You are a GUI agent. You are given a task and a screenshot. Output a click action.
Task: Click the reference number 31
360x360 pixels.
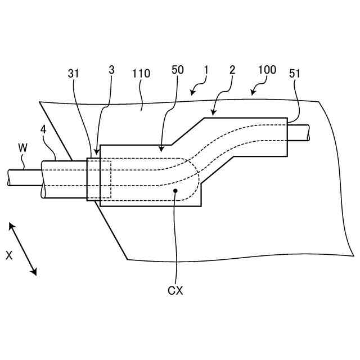pos(74,74)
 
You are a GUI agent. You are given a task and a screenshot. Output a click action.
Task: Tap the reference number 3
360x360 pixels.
pos(111,70)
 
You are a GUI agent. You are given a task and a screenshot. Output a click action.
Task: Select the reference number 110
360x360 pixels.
pos(141,74)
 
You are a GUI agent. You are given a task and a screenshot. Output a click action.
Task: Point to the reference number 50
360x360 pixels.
pos(178,70)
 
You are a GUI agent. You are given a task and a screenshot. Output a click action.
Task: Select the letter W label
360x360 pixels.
pos(22,148)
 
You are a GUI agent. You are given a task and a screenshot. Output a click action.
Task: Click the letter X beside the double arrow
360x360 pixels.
pos(9,255)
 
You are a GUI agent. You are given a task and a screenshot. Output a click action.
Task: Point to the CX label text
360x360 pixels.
pos(175,291)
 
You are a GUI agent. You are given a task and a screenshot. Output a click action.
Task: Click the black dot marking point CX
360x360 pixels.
pos(176,191)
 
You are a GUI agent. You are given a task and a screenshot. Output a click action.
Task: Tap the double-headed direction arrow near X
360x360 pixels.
pos(23,249)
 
